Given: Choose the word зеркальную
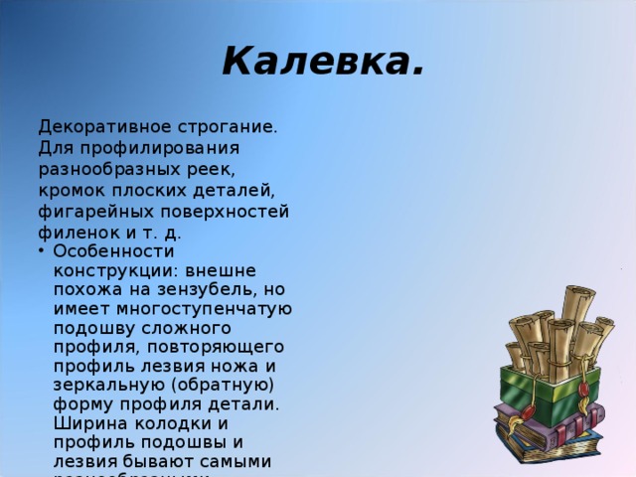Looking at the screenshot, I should [105, 385].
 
